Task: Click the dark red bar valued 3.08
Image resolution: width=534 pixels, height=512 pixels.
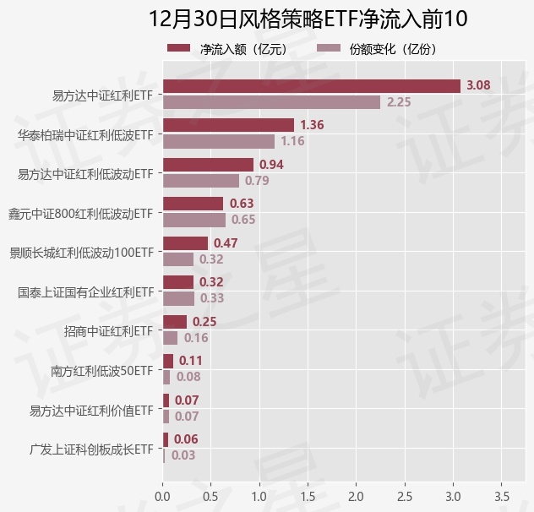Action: pos(311,85)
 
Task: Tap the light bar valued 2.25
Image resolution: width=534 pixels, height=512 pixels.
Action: pos(271,102)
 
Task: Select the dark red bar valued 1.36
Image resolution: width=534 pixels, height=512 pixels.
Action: pos(228,125)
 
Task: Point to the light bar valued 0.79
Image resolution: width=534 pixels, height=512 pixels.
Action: pos(200,181)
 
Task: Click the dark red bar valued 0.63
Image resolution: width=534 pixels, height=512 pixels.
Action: pos(193,204)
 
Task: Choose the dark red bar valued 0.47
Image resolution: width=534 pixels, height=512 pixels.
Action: pos(185,242)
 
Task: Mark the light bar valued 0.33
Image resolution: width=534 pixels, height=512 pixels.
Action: pos(178,298)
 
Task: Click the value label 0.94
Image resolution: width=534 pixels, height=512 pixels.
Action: pos(271,164)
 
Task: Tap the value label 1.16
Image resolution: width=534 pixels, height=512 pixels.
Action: pos(292,142)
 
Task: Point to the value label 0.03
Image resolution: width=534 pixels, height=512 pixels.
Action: pos(183,455)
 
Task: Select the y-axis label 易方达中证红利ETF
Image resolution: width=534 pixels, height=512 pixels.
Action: pos(103,95)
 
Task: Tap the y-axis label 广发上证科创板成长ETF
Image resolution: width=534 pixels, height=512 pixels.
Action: pos(91,448)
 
